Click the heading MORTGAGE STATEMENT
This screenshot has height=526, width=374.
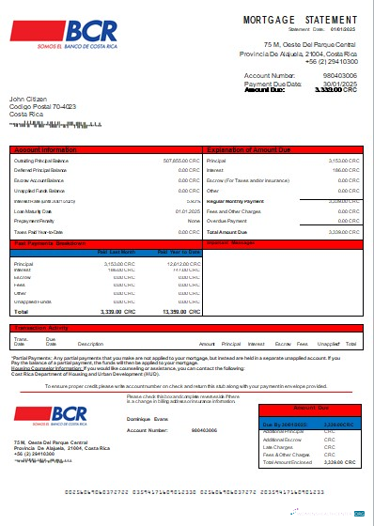(x=301, y=20)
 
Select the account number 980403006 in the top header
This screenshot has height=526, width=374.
(x=339, y=75)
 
